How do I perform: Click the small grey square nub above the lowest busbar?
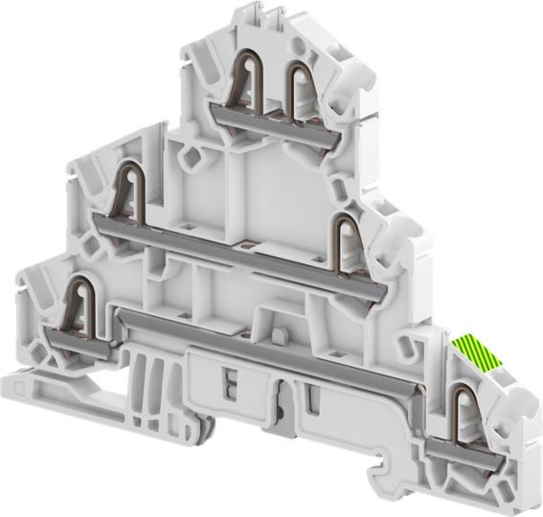tap(278, 335)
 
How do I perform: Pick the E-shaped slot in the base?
tap(230, 385)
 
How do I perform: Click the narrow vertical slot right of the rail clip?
tap(312, 398)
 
